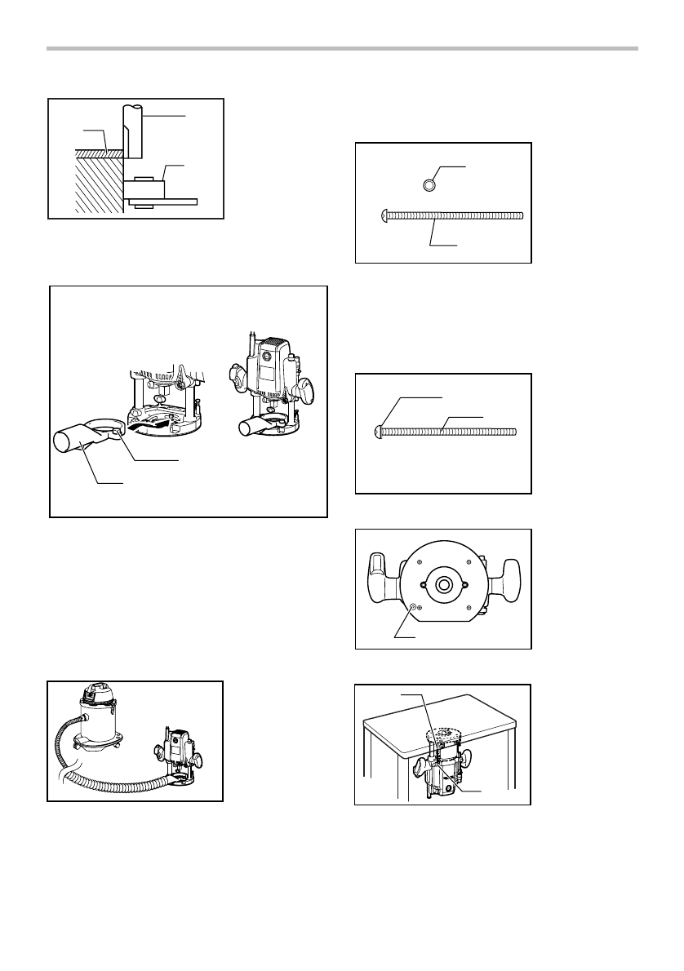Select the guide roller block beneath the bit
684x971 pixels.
(145, 189)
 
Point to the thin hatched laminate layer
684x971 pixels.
(96, 153)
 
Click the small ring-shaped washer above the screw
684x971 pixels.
(429, 185)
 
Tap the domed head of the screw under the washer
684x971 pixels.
(383, 215)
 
